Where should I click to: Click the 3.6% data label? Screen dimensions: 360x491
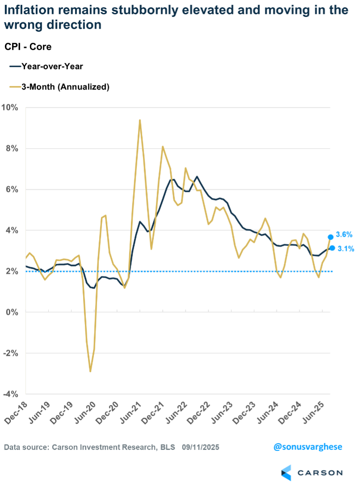tap(344, 234)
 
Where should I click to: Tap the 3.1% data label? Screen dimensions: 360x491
tap(346, 249)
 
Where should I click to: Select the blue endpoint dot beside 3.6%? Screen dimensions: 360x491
tap(331, 237)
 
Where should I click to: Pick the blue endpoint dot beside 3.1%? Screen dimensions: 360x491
tap(332, 248)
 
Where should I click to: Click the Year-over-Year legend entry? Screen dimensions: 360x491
tap(46, 67)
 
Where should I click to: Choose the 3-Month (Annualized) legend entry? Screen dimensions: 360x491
tap(59, 87)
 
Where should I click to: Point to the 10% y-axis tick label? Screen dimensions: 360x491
tap(10, 108)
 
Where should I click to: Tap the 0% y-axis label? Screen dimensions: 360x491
tap(12, 312)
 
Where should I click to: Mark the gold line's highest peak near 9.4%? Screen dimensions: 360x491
tap(140, 120)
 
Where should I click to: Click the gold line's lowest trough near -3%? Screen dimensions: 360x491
tap(90, 371)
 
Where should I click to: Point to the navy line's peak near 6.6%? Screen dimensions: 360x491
tap(197, 177)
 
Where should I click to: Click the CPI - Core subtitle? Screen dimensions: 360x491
tap(28, 47)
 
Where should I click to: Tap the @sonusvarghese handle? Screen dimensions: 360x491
tap(308, 447)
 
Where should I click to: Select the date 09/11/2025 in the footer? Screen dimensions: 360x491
tap(201, 447)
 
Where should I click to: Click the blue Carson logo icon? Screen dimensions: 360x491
tap(286, 473)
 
